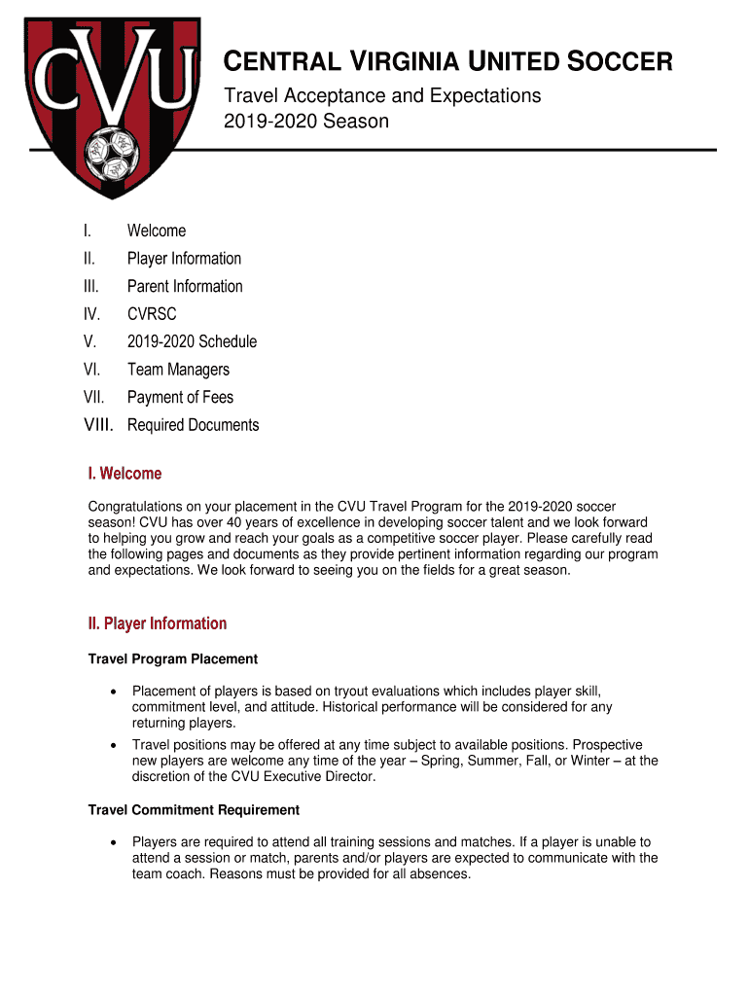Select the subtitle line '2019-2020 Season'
point(306,122)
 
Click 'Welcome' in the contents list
point(156,231)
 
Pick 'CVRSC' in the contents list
point(152,314)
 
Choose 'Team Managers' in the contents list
point(178,370)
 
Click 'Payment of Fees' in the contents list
point(180,397)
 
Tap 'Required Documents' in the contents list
point(193,425)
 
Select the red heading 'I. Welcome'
point(125,474)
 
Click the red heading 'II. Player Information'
point(157,623)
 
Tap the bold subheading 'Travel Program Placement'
point(173,659)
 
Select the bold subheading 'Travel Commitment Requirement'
point(194,810)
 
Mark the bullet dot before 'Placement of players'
point(114,692)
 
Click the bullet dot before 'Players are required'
point(114,842)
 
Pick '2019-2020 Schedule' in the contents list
point(192,341)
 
